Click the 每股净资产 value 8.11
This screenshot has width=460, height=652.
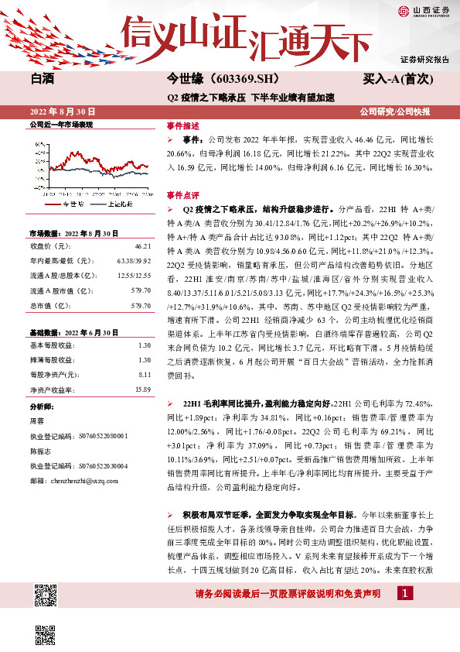(144, 375)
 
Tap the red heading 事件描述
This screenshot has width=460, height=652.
(183, 125)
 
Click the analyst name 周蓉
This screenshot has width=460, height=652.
(36, 420)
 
